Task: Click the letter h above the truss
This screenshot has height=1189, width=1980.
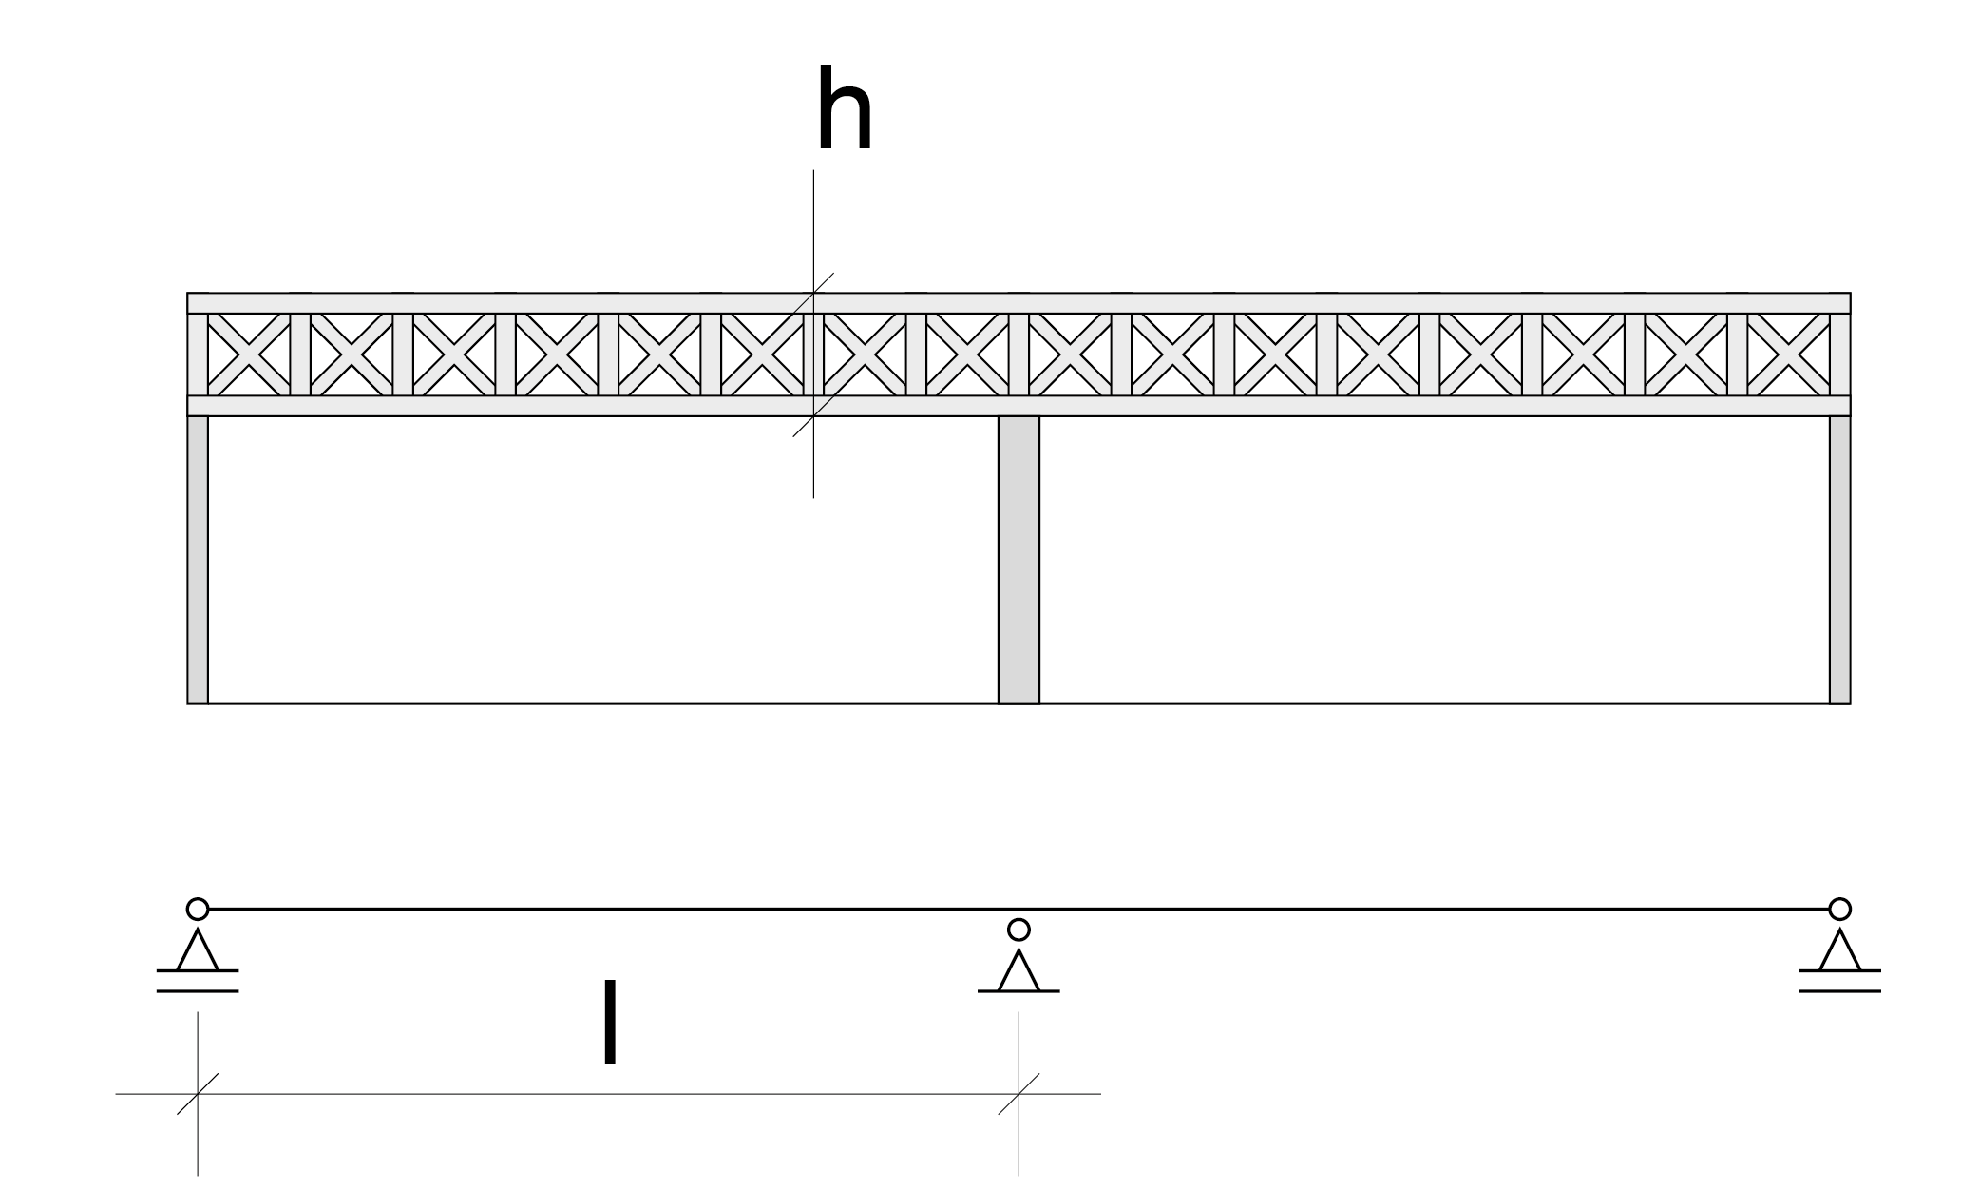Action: pos(844,110)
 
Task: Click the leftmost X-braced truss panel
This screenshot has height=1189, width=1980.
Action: pos(249,355)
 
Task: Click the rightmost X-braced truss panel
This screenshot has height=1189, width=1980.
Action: pos(1788,355)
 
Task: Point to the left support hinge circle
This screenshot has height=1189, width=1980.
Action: pos(198,909)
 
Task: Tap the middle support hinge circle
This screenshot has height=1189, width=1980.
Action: pos(1019,929)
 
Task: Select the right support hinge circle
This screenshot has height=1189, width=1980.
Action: pos(1839,909)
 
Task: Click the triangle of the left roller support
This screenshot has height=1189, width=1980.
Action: pos(198,951)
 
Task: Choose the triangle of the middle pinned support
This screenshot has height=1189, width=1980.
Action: pos(1019,971)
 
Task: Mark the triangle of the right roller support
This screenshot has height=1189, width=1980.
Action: pos(1839,951)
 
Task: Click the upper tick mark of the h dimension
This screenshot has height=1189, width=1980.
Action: pos(814,293)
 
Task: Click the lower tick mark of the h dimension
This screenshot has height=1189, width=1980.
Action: pos(813,416)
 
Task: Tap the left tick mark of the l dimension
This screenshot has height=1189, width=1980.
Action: pos(198,1094)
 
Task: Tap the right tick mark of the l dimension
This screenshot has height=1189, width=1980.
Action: pos(1019,1094)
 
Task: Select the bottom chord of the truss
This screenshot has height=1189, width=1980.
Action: pos(1235,406)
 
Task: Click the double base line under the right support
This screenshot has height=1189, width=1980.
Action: pos(1839,982)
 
